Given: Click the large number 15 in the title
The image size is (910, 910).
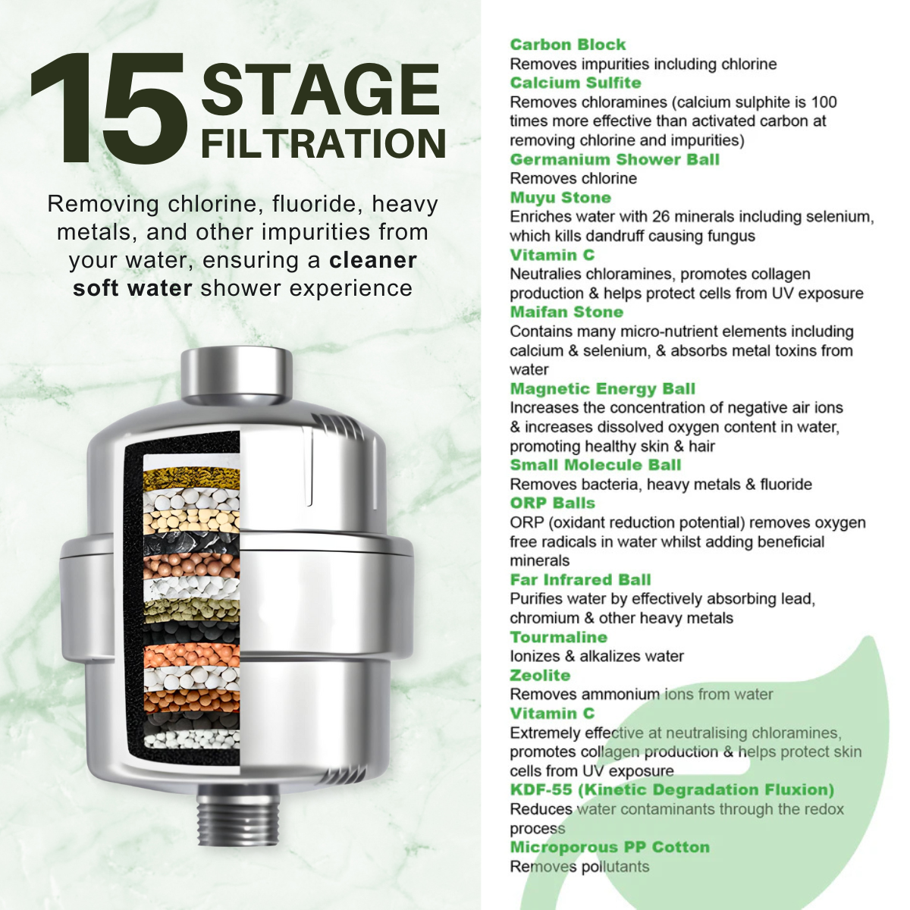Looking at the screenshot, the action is (109, 108).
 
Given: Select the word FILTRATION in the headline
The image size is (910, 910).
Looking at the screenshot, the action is (324, 143).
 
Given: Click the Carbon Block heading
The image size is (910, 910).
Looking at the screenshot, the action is (568, 45).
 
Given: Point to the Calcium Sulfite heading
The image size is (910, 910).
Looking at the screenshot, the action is (576, 83).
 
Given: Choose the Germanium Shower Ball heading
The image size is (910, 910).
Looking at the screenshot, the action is (614, 159).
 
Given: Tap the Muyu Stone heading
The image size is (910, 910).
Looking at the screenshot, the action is (560, 197).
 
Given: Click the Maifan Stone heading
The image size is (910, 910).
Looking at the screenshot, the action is (566, 312).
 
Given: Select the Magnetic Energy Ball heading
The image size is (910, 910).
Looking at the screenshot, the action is (603, 389).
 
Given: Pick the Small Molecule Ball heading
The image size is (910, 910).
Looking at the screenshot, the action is (595, 465).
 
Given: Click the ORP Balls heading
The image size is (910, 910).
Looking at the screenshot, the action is (553, 503).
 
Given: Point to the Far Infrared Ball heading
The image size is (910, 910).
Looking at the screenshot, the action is (580, 579).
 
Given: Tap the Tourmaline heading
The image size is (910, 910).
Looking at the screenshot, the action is (559, 637).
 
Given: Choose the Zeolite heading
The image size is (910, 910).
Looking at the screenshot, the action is (540, 676).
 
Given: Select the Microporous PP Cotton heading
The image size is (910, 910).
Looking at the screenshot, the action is (610, 847).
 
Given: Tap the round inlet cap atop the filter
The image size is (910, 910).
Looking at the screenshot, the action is (237, 373).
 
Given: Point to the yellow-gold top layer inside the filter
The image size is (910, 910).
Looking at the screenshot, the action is (191, 479).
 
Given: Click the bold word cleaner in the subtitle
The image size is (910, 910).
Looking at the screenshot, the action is (372, 260).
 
